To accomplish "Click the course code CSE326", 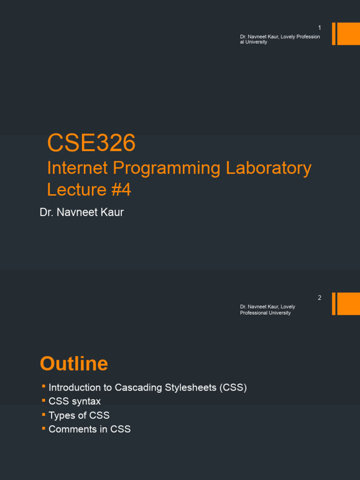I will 91,143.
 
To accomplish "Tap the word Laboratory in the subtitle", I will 269,168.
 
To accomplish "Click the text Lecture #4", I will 89,189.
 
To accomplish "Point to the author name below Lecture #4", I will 82,212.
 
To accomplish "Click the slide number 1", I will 320,28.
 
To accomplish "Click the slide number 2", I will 320,298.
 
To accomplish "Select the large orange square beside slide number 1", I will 348,34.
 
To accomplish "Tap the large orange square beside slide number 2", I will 348,304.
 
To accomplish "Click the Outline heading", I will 74,364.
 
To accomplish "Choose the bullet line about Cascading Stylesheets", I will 147,388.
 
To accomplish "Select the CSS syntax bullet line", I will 75,401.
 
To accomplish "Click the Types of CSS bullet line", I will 79,415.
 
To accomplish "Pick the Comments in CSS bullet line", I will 90,429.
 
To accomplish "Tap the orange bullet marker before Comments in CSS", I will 43,428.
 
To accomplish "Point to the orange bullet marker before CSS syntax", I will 43,400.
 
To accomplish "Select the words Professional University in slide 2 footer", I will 265,313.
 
